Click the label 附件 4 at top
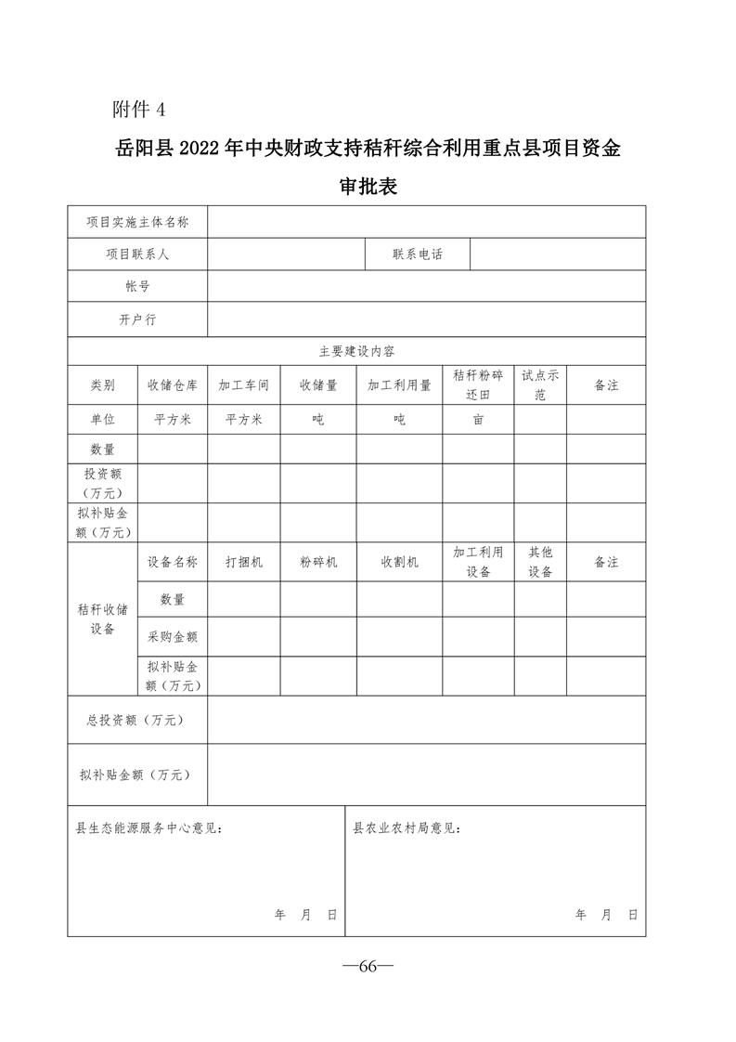(x=138, y=110)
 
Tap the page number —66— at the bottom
(x=368, y=966)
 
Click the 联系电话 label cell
(x=418, y=254)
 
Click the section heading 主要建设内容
(x=356, y=351)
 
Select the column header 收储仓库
(x=172, y=384)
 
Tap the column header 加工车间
(x=243, y=384)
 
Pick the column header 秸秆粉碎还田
(x=478, y=384)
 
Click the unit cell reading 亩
(x=478, y=420)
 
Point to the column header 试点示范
(x=540, y=384)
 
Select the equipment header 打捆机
(x=243, y=563)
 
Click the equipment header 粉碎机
(x=318, y=563)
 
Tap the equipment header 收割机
(x=399, y=563)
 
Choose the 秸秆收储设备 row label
(x=102, y=619)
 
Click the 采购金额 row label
(x=172, y=637)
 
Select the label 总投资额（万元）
(x=136, y=720)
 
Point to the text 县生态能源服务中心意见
(x=148, y=827)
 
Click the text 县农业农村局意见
(x=407, y=827)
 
